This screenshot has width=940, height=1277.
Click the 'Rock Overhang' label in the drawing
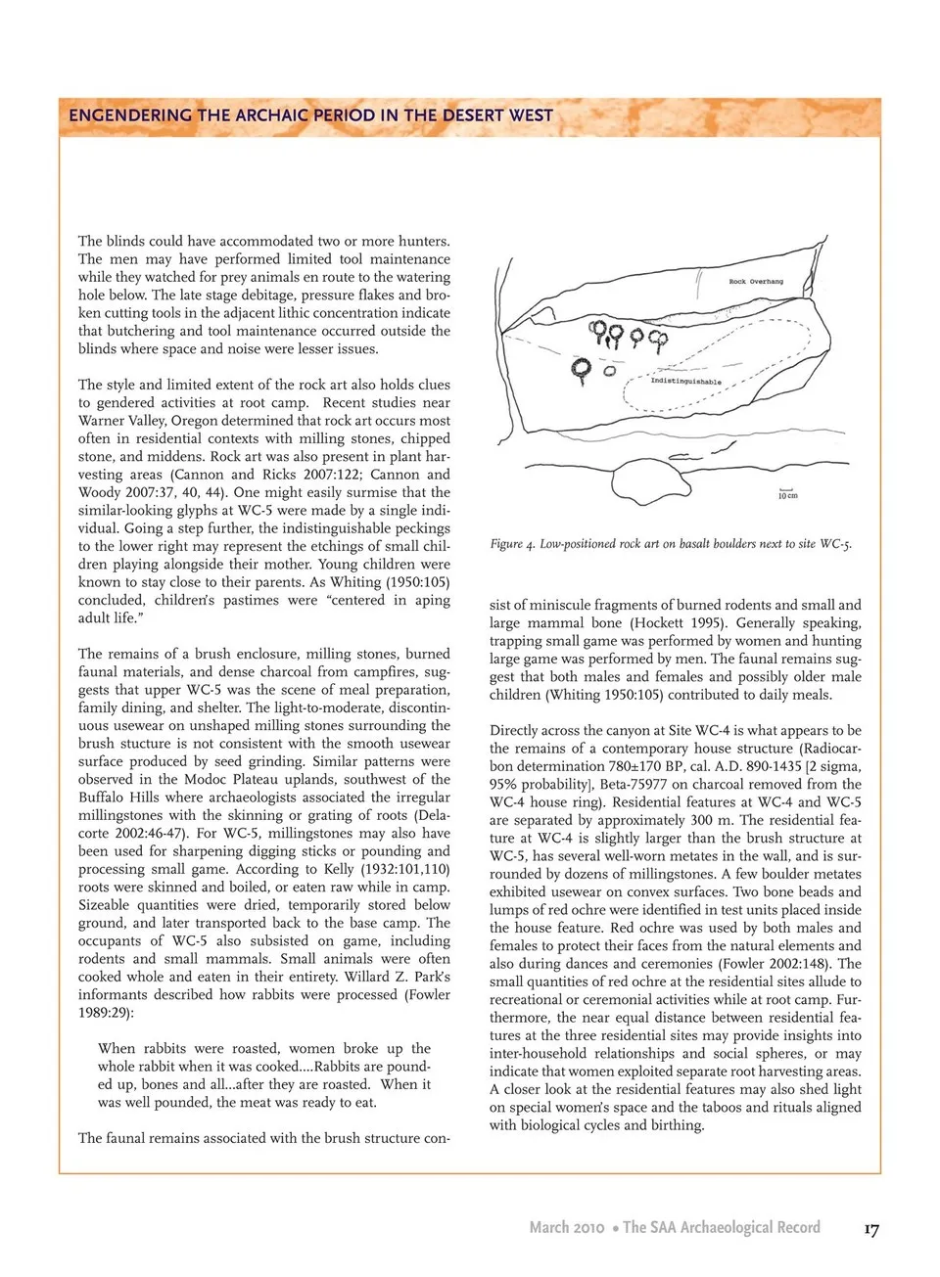(756, 281)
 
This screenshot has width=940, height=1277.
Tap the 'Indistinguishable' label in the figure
(685, 382)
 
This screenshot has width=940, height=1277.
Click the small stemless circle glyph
(609, 371)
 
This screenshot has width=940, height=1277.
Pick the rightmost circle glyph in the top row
(658, 340)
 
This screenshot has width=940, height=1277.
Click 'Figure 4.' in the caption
(512, 544)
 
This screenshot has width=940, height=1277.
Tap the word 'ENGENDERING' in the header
(130, 115)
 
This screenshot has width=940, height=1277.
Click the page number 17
(870, 1229)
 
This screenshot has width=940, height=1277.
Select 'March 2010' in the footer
(566, 1227)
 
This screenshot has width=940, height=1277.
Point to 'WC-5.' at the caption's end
(835, 544)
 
